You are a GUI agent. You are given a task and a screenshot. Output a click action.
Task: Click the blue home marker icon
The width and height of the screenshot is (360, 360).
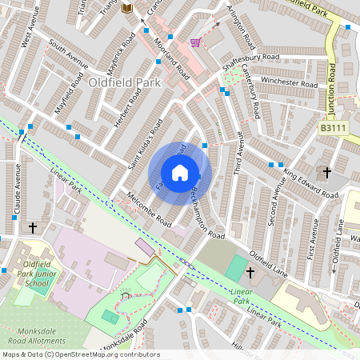(x=180, y=173)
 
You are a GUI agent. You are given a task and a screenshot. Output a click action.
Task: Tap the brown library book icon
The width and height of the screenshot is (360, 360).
(x=126, y=8)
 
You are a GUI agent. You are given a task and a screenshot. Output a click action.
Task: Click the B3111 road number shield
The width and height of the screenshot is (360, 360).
(x=334, y=127)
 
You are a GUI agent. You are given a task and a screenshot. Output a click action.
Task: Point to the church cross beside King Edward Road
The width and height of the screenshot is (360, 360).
(x=326, y=172)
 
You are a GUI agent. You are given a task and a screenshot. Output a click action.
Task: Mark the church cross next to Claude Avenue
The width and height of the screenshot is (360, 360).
(x=33, y=228)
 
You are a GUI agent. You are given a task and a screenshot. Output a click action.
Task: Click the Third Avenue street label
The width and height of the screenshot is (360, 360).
(x=237, y=154)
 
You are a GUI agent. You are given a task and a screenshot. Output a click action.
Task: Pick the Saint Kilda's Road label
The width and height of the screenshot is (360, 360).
(x=145, y=144)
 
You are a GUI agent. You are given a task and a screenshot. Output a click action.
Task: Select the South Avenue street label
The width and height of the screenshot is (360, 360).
(x=67, y=53)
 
